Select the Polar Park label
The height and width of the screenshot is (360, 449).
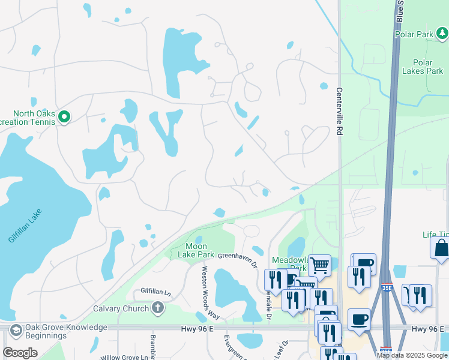pos(414,34)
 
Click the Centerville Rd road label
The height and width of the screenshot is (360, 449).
pos(339,110)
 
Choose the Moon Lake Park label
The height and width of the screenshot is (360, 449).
pos(196,250)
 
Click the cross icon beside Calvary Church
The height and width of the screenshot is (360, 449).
pos(157,308)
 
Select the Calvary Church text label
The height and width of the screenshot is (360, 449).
pos(121,309)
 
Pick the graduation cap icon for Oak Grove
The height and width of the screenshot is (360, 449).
pos(16,331)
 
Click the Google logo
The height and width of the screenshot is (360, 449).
pos(20,353)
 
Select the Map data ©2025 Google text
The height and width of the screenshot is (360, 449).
pos(412,355)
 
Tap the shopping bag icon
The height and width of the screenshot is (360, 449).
pos(441,247)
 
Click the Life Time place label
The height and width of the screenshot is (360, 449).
pos(435,235)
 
